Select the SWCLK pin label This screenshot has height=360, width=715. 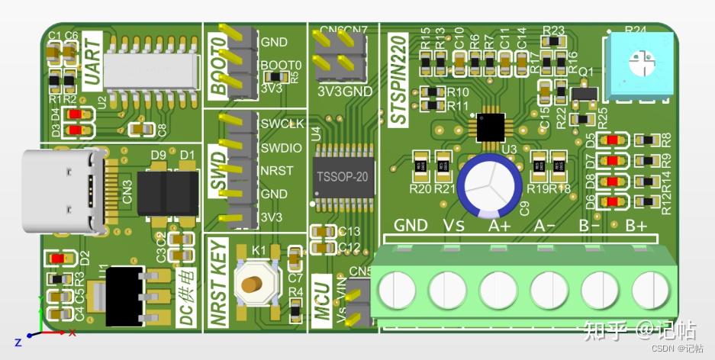point(282,124)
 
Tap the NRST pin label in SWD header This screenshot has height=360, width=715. point(276,170)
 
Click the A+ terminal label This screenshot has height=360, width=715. point(499,225)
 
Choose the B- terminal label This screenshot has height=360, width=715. point(590,225)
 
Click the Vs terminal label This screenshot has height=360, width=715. point(455,225)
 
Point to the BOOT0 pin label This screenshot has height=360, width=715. point(281,65)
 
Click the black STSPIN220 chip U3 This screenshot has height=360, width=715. point(490,127)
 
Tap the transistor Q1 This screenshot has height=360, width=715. point(585,93)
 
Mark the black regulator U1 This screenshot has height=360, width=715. point(123,294)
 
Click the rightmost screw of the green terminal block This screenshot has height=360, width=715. point(651,291)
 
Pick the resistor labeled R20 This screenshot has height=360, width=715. point(420,166)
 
